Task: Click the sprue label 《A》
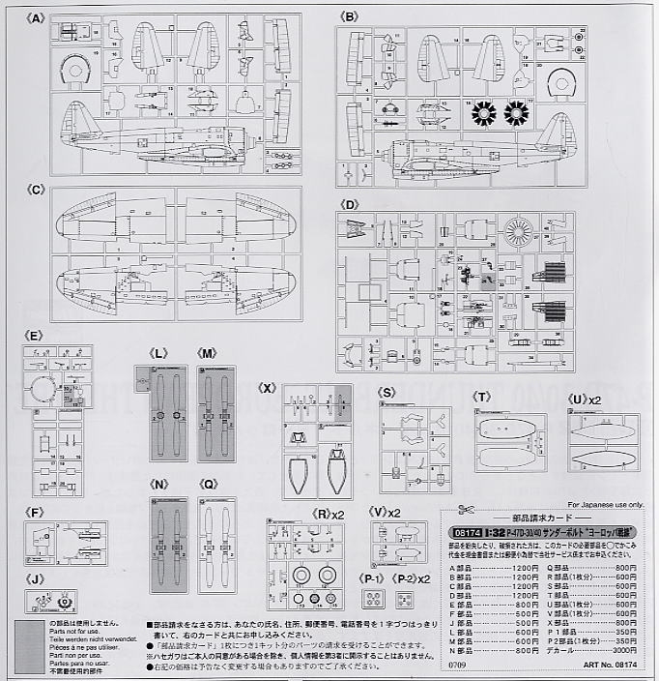(38, 17)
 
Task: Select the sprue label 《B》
(349, 16)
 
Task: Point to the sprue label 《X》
(270, 387)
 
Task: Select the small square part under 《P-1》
(373, 600)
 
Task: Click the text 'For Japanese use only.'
(605, 504)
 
